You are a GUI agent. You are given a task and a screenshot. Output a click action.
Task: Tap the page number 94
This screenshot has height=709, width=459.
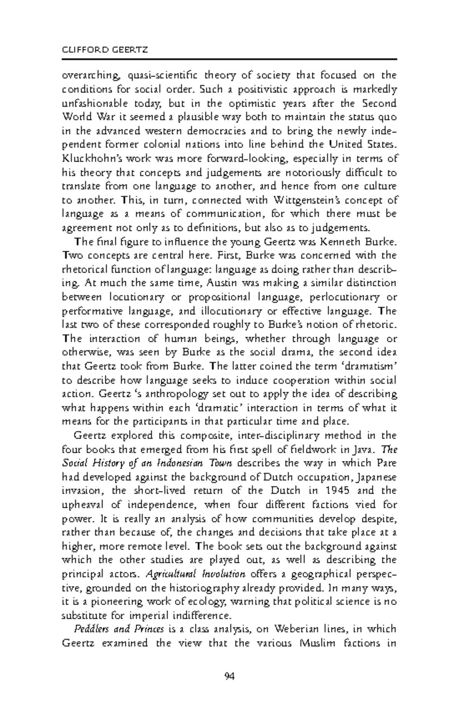click(229, 677)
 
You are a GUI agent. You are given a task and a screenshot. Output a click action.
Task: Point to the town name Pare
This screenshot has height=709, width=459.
click(387, 463)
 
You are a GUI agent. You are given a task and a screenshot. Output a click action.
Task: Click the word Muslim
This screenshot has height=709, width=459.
click(319, 643)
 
